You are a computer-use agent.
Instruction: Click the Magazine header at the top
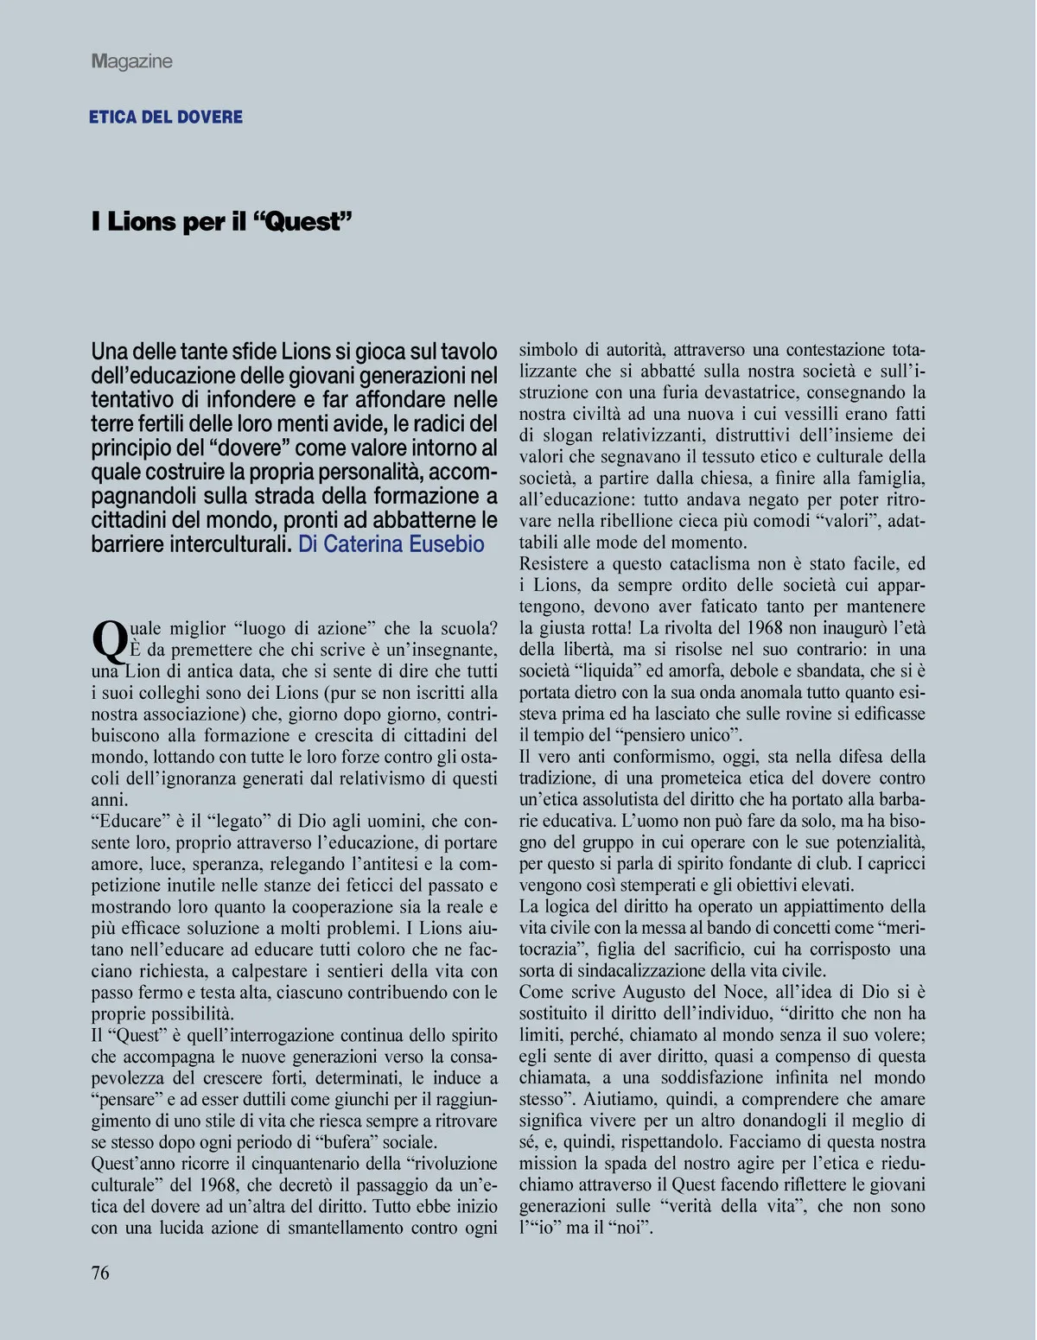coord(131,61)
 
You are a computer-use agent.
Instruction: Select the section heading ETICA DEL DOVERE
coord(166,117)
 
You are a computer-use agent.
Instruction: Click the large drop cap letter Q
coord(109,641)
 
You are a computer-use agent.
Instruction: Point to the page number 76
coord(100,1273)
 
